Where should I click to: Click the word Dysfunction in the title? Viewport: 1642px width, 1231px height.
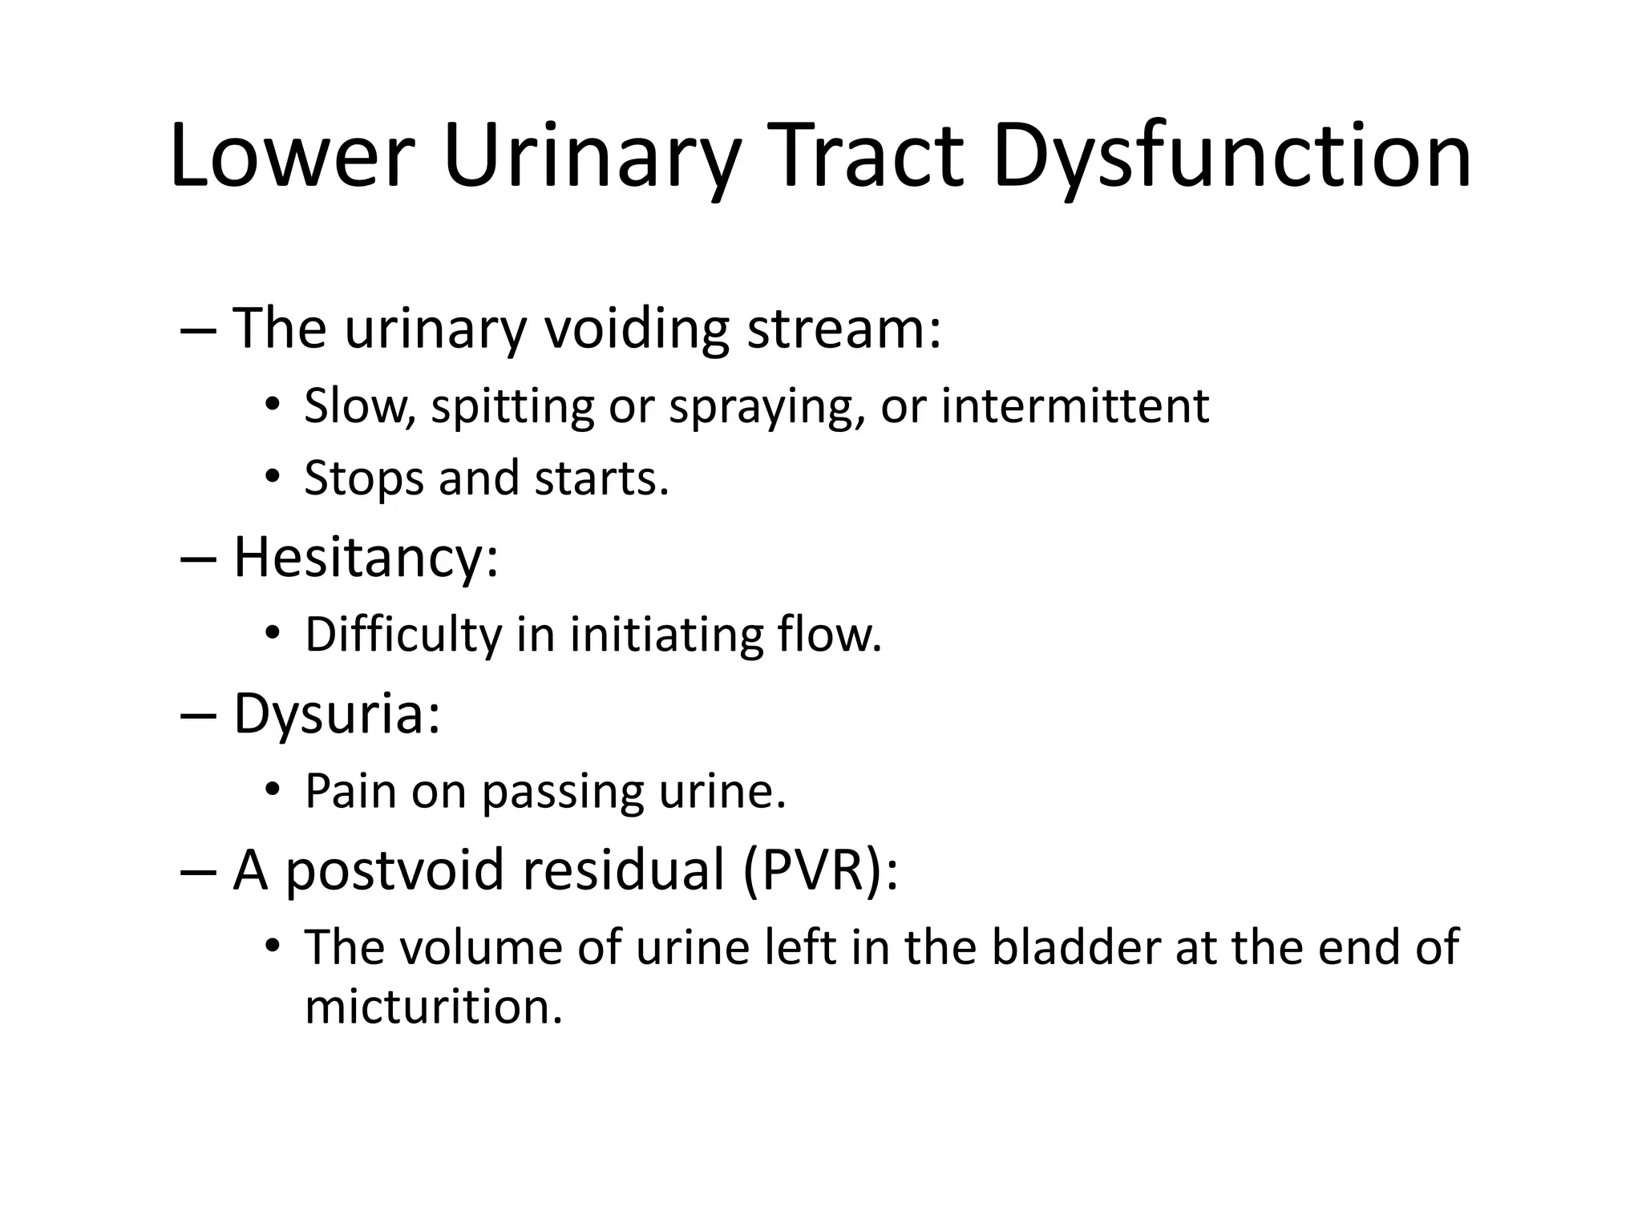tap(1231, 157)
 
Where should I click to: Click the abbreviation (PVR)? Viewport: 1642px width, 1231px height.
tap(820, 870)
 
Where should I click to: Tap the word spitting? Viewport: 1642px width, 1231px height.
tap(512, 407)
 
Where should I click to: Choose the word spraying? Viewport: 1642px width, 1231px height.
tap(767, 407)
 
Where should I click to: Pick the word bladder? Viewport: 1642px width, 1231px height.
tap(1076, 947)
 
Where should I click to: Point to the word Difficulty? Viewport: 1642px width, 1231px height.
tap(403, 635)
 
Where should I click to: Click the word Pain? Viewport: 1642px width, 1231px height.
tap(351, 791)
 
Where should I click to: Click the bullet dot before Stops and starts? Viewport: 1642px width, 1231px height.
tap(273, 478)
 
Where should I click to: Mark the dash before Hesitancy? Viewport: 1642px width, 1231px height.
tap(199, 559)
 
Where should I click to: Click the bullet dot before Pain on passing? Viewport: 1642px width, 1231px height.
tap(273, 791)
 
